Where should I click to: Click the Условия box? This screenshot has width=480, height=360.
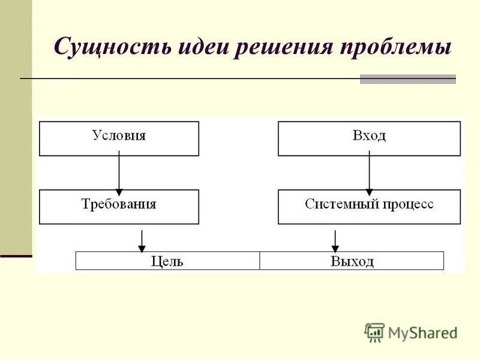(119, 139)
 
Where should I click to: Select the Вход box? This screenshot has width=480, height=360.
(369, 139)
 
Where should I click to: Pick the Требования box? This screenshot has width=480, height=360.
(119, 207)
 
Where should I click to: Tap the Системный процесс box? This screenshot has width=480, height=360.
(369, 207)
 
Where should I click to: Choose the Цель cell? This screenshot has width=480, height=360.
(167, 261)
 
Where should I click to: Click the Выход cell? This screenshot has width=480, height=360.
(352, 261)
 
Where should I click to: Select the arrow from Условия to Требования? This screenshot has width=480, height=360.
(119, 173)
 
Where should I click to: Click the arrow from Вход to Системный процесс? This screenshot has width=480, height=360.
(369, 173)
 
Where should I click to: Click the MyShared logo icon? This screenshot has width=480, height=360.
(374, 332)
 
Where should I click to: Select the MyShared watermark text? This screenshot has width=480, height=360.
(422, 332)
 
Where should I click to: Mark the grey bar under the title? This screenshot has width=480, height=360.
(407, 79)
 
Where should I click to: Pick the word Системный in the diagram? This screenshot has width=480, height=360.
(339, 204)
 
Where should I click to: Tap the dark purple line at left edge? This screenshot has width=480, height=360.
(16, 256)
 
